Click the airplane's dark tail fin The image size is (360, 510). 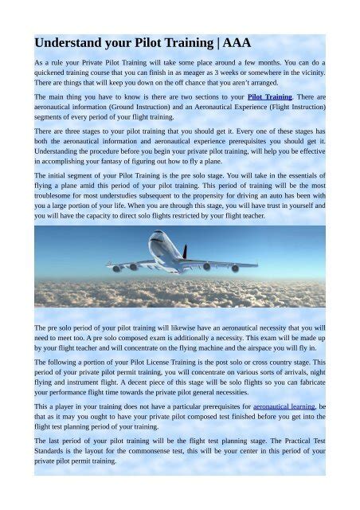[x=185, y=253]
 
